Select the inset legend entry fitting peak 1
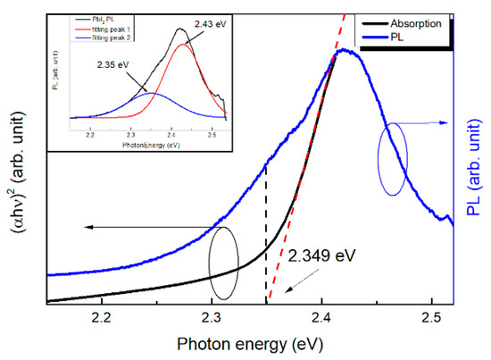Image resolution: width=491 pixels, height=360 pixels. pos(96,29)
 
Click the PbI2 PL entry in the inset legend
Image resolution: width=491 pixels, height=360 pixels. pos(92,21)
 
